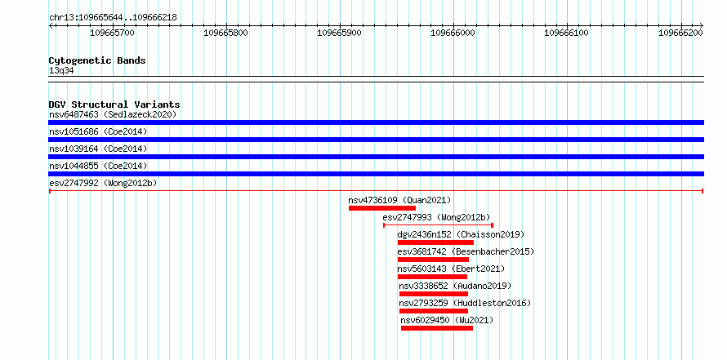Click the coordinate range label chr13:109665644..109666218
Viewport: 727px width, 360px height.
pos(113,18)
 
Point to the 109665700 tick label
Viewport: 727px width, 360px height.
pos(112,33)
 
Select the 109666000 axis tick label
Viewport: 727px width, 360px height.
pos(453,33)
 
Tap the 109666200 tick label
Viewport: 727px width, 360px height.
pos(680,33)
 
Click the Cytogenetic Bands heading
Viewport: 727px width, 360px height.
pos(97,60)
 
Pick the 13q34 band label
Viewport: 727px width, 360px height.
pos(61,71)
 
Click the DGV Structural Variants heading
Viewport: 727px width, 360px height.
pos(114,104)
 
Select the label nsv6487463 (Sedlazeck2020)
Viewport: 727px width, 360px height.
pos(113,114)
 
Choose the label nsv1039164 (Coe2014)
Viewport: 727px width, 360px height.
pos(98,149)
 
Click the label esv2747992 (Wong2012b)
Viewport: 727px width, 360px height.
pos(103,183)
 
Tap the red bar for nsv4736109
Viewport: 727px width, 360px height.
pos(382,208)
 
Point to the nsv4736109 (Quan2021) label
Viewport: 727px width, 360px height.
pos(399,200)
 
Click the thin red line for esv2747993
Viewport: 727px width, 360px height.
pos(438,225)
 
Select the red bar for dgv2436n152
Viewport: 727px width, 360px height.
pos(436,242)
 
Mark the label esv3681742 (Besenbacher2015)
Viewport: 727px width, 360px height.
pos(466,251)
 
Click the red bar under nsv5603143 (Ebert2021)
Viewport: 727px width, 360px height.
pos(432,277)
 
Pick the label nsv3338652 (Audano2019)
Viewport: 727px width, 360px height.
pos(455,286)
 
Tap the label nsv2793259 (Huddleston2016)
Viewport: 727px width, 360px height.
pos(465,303)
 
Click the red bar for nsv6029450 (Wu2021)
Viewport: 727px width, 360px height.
pos(437,328)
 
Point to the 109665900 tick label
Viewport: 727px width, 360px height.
pos(339,33)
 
